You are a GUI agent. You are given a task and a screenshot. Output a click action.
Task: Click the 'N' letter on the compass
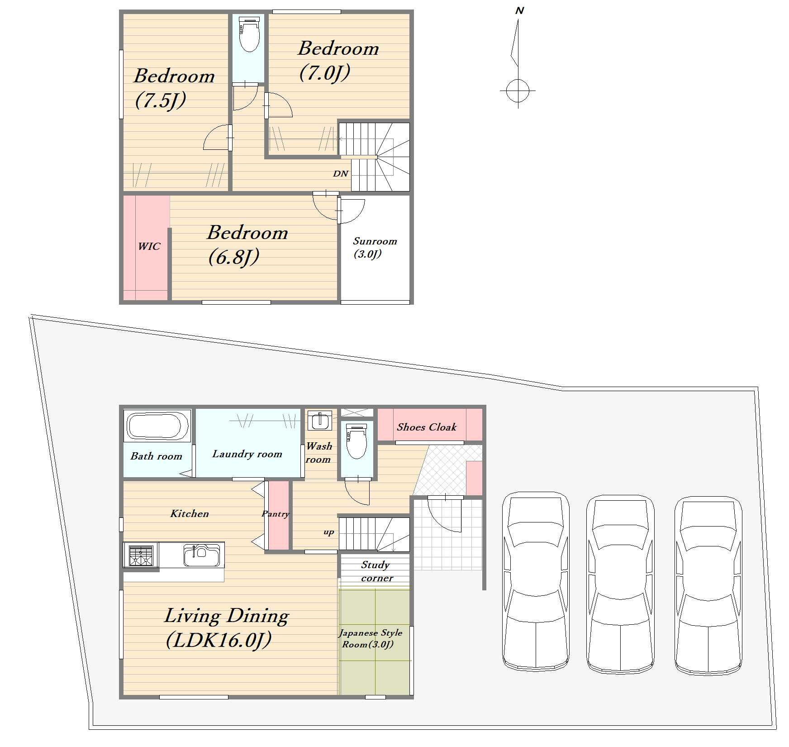click(519, 10)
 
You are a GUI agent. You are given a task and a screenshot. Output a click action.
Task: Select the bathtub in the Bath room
click(157, 426)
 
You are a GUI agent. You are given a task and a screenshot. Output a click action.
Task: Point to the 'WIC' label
click(149, 246)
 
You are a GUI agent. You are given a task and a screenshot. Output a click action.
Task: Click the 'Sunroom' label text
click(375, 241)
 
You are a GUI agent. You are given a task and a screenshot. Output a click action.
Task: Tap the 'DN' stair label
click(341, 173)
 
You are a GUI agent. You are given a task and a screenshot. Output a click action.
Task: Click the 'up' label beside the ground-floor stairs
click(329, 532)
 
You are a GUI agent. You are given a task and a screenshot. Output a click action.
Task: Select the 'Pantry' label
click(276, 514)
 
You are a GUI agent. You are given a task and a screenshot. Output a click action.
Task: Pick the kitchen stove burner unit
click(141, 555)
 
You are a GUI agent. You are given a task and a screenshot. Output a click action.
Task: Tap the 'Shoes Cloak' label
click(427, 427)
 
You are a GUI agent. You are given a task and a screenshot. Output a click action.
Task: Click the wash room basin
click(320, 421)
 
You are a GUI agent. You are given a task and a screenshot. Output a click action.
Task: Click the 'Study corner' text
click(376, 571)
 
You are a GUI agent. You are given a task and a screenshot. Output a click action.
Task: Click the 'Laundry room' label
click(247, 454)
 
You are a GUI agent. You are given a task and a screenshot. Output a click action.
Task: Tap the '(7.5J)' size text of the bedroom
click(161, 101)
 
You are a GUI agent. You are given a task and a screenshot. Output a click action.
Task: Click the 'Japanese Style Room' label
click(371, 638)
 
